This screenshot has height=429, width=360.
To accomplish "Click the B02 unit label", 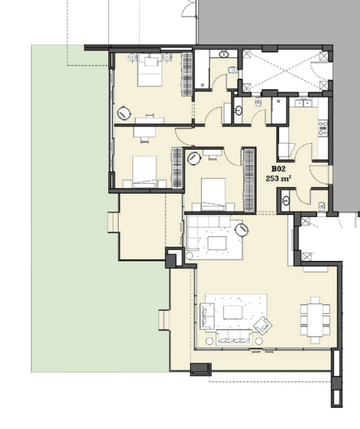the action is tap(278, 169).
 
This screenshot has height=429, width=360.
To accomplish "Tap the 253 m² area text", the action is tap(278, 179).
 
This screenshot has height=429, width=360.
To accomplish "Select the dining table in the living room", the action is tap(315, 320).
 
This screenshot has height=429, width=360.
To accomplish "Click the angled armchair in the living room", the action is tap(263, 325).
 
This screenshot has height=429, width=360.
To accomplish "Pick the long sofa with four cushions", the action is tap(234, 338).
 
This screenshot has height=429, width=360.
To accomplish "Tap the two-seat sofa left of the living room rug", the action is tap(207, 316).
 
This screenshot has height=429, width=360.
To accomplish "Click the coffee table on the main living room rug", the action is tap(233, 312).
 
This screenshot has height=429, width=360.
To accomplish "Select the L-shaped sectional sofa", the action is tap(203, 230).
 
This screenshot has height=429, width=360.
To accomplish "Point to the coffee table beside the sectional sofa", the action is tap(217, 243).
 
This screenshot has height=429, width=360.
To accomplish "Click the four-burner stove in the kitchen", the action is tap(323, 129).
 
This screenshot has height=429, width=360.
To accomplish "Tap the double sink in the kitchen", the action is tap(304, 103).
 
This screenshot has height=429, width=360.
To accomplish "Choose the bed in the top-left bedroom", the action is tap(150, 70).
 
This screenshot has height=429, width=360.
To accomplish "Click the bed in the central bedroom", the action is tap(213, 194).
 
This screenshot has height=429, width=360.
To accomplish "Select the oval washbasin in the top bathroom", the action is tap(224, 54).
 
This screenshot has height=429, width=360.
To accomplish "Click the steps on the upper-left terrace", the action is tap(113, 222).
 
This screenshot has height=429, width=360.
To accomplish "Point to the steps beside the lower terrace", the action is tap(164, 320).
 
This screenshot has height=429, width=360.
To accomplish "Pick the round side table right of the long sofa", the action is tap(259, 341).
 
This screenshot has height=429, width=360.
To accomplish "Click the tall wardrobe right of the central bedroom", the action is tap(249, 180).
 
